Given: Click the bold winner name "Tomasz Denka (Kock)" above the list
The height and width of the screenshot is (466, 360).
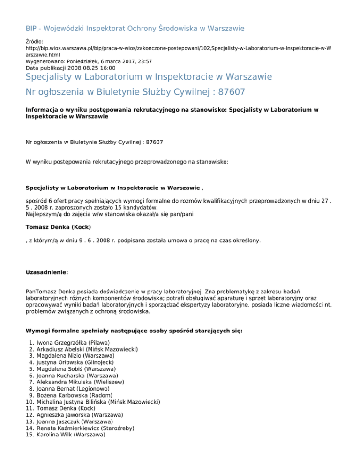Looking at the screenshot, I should pyautogui.click(x=58, y=227).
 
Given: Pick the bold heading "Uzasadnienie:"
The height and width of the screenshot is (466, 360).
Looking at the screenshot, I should pyautogui.click(x=47, y=271).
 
